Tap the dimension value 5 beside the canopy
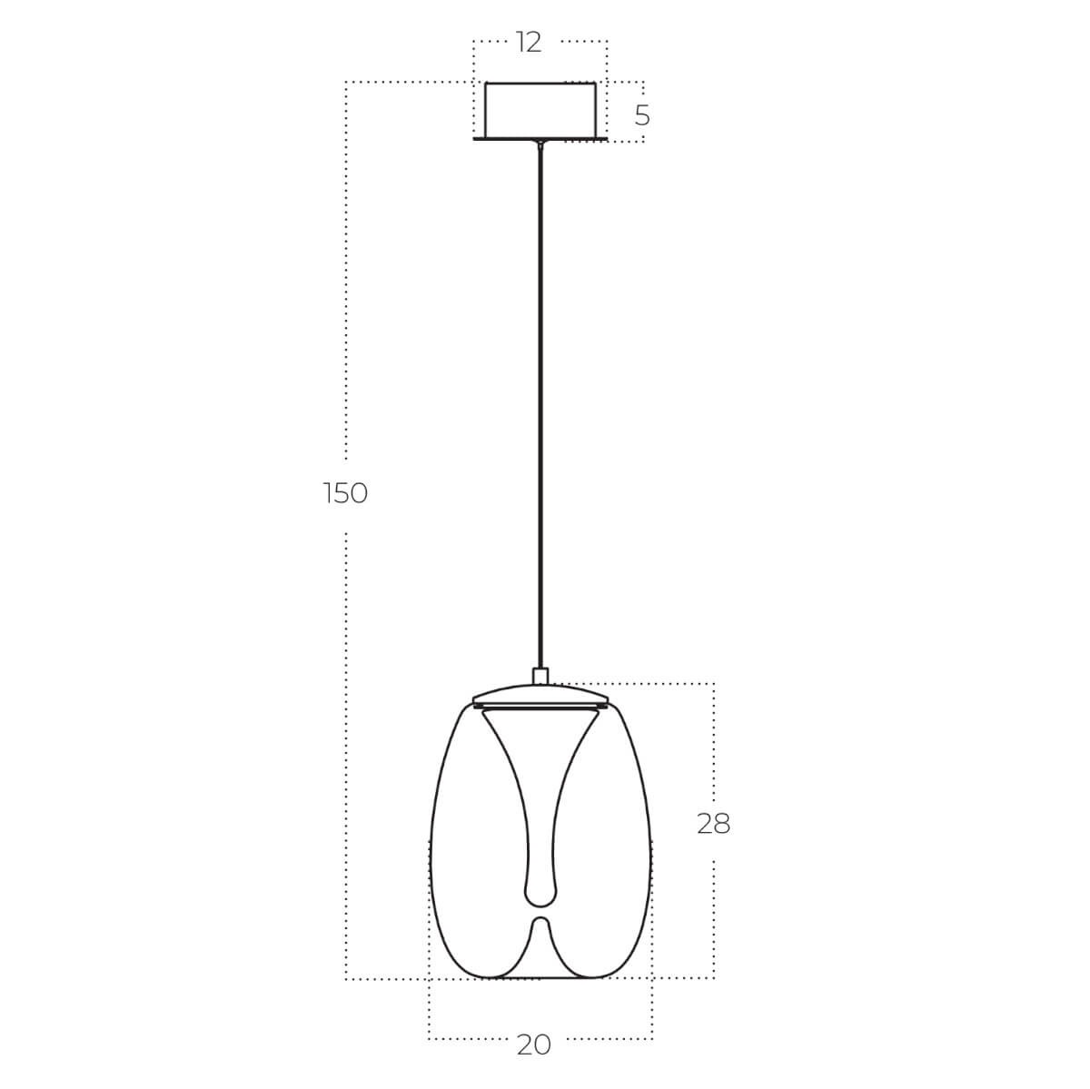tap(642, 115)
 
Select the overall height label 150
tap(345, 493)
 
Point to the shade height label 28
tap(713, 824)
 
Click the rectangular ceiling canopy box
tap(540, 109)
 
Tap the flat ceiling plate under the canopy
tap(540, 140)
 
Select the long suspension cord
tap(541, 409)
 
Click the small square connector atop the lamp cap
tap(541, 676)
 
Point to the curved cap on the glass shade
tap(540, 690)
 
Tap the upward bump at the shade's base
tap(540, 926)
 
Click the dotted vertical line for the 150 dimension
tap(346, 272)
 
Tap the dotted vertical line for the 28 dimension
tap(714, 745)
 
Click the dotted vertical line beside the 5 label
tap(644, 91)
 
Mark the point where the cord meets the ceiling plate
tap(541, 144)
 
